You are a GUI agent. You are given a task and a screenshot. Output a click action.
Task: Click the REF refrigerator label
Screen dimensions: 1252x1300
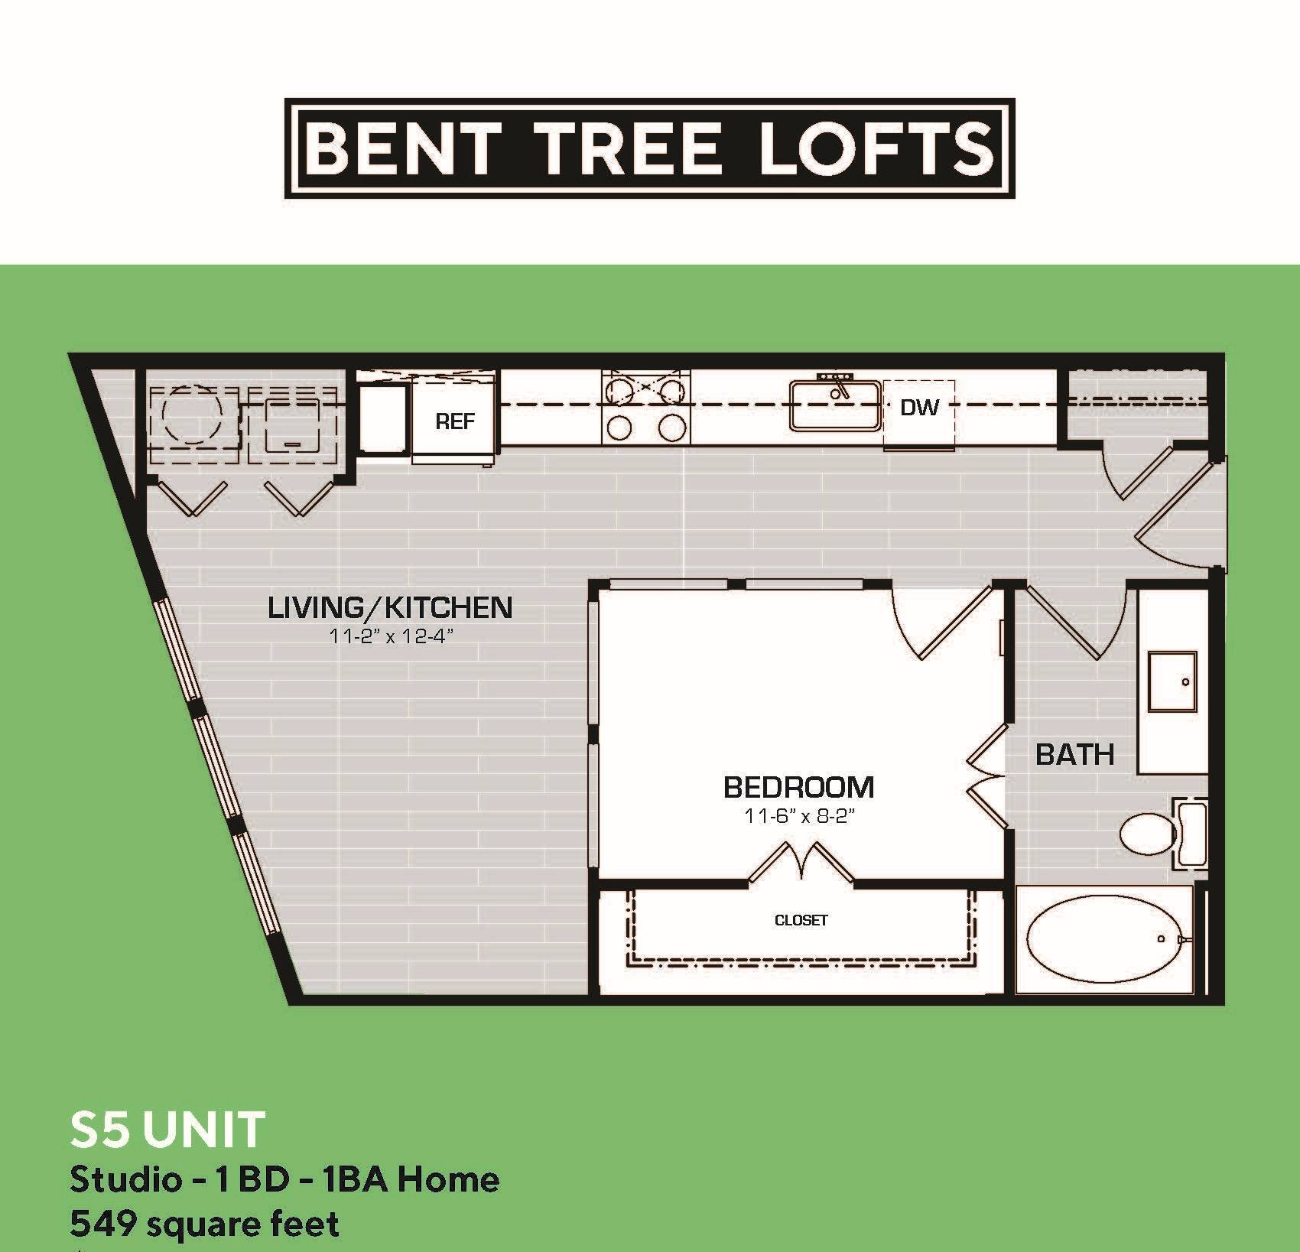pyautogui.click(x=455, y=421)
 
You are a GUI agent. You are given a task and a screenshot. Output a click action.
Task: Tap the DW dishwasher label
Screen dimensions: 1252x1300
pyautogui.click(x=918, y=408)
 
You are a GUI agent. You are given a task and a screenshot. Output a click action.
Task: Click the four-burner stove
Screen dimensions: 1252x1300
pyautogui.click(x=646, y=407)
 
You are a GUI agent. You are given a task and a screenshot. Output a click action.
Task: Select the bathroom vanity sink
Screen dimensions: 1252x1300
pyautogui.click(x=1172, y=681)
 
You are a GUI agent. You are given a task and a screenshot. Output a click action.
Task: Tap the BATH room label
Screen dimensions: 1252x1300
pyautogui.click(x=1074, y=755)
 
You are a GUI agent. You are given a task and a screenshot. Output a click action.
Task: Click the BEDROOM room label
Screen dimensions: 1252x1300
pyautogui.click(x=798, y=787)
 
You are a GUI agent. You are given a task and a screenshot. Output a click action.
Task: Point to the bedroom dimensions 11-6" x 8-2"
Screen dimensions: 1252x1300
pyautogui.click(x=798, y=816)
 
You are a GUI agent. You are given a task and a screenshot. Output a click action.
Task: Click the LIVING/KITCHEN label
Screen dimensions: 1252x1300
pyautogui.click(x=390, y=608)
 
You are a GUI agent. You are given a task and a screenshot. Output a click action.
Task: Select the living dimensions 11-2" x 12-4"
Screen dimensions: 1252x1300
pyautogui.click(x=387, y=636)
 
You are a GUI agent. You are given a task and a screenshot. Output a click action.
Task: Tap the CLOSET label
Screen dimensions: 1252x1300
pyautogui.click(x=801, y=920)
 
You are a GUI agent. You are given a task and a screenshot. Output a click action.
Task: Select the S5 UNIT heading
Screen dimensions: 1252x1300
pyautogui.click(x=167, y=1130)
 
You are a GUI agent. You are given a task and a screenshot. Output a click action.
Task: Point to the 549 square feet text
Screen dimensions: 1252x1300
pyautogui.click(x=204, y=1224)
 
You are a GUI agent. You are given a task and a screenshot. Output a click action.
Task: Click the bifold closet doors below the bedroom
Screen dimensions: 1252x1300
pyautogui.click(x=801, y=863)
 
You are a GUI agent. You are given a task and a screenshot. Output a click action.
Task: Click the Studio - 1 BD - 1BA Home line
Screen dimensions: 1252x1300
pyautogui.click(x=284, y=1179)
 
